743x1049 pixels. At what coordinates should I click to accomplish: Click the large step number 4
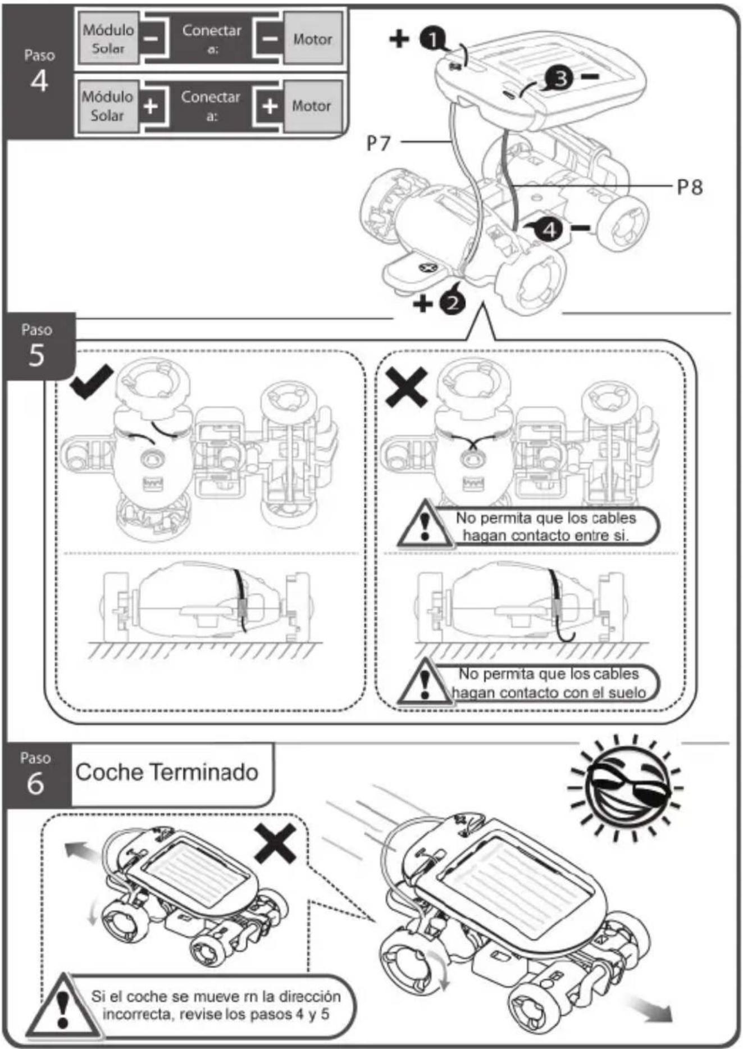coord(39,81)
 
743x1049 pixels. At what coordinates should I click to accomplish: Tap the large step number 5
coord(37,355)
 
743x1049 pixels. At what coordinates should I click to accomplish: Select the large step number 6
coord(35,783)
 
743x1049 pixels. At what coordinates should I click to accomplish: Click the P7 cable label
coord(378,143)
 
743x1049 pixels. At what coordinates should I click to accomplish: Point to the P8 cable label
coord(690,187)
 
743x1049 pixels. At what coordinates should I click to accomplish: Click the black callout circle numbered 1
coord(432,39)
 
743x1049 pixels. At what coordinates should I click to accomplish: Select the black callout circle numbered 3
coord(560,78)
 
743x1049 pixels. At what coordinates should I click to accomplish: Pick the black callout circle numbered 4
coord(549,229)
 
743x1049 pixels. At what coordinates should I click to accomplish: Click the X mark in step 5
coord(407,387)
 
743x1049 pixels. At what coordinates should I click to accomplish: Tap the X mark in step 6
coord(275,843)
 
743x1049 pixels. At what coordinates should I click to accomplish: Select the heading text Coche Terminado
coord(167,772)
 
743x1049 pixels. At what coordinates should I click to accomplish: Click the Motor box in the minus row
coord(312,39)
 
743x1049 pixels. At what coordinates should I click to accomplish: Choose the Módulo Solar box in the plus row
coord(107,106)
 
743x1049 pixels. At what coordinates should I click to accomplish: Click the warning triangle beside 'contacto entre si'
coord(425,524)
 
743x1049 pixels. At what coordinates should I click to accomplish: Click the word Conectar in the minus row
coord(212,30)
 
